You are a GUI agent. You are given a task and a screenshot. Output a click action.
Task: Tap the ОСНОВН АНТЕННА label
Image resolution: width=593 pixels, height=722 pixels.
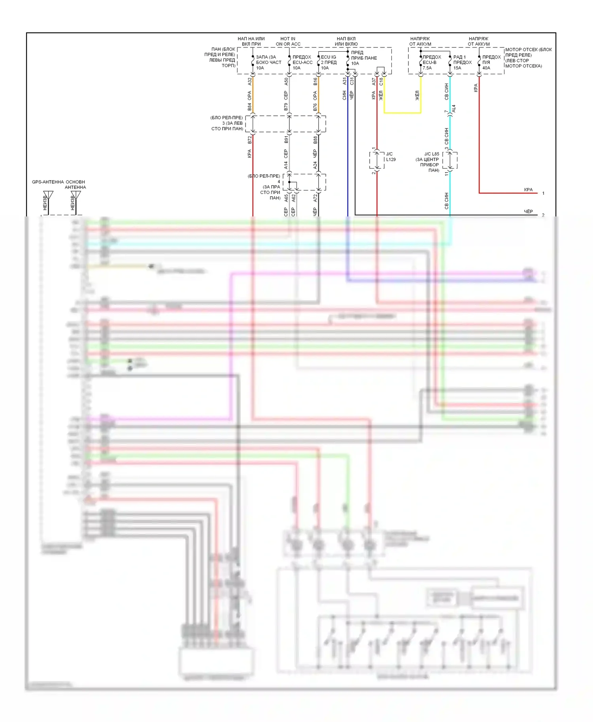(x=75, y=184)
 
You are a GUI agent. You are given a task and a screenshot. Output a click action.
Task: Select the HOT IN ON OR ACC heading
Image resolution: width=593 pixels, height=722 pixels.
(x=288, y=41)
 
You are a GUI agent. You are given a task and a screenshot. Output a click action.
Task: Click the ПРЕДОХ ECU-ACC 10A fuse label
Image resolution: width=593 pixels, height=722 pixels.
(x=302, y=62)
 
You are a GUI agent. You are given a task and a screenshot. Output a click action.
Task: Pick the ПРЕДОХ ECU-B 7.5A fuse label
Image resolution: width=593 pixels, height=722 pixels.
(x=432, y=62)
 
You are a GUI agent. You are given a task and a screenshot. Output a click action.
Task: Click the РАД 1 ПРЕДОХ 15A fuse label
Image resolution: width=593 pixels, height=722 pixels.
(x=462, y=62)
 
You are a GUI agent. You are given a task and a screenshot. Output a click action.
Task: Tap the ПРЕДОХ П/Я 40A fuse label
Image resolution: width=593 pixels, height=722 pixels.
(x=491, y=62)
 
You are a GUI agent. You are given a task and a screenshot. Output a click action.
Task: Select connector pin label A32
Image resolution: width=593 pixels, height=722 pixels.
(x=249, y=81)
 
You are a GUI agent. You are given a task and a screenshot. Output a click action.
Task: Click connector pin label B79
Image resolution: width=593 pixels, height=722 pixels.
(x=286, y=107)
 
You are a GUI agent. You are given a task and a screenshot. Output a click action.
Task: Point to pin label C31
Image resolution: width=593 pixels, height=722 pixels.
(x=352, y=81)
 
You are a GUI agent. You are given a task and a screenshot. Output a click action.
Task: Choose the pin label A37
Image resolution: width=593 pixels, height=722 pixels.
(x=374, y=81)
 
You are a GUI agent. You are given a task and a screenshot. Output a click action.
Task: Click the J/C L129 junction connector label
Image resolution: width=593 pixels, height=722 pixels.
(x=390, y=157)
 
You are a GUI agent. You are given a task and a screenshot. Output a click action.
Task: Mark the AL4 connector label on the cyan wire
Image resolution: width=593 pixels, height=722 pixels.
(x=453, y=108)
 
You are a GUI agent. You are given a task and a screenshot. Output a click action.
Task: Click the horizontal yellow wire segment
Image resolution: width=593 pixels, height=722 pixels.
(x=402, y=113)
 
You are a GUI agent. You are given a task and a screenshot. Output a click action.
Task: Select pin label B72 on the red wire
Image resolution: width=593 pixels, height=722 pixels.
(x=249, y=140)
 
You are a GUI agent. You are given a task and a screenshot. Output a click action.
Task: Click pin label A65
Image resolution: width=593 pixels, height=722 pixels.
(x=286, y=198)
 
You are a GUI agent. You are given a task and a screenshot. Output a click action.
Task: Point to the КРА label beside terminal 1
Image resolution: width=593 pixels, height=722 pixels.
(x=528, y=190)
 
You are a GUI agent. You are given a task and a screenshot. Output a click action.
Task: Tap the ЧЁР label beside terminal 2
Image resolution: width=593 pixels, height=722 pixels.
(x=528, y=212)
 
